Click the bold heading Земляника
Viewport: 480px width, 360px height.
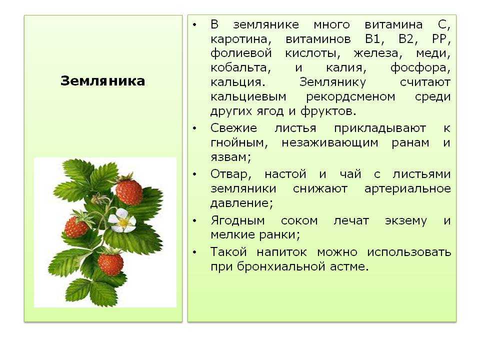click(x=102, y=81)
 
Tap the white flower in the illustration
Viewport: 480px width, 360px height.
click(x=122, y=220)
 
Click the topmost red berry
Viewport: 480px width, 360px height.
click(x=129, y=191)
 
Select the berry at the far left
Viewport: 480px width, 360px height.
click(x=76, y=226)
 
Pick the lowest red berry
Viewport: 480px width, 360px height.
click(x=110, y=264)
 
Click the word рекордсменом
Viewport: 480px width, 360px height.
click(x=350, y=96)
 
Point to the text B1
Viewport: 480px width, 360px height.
click(x=374, y=39)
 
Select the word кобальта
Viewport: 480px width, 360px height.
click(x=240, y=67)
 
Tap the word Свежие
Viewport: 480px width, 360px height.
click(x=233, y=128)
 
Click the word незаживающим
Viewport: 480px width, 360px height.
click(x=330, y=143)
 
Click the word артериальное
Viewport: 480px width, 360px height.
click(x=407, y=189)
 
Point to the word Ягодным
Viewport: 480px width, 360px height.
click(x=237, y=220)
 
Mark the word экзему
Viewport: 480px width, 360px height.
click(x=406, y=221)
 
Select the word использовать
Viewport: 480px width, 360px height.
click(x=409, y=252)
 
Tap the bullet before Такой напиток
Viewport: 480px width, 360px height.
click(x=194, y=252)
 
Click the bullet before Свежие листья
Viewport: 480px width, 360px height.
click(x=194, y=128)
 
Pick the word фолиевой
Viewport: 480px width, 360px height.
click(x=241, y=53)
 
